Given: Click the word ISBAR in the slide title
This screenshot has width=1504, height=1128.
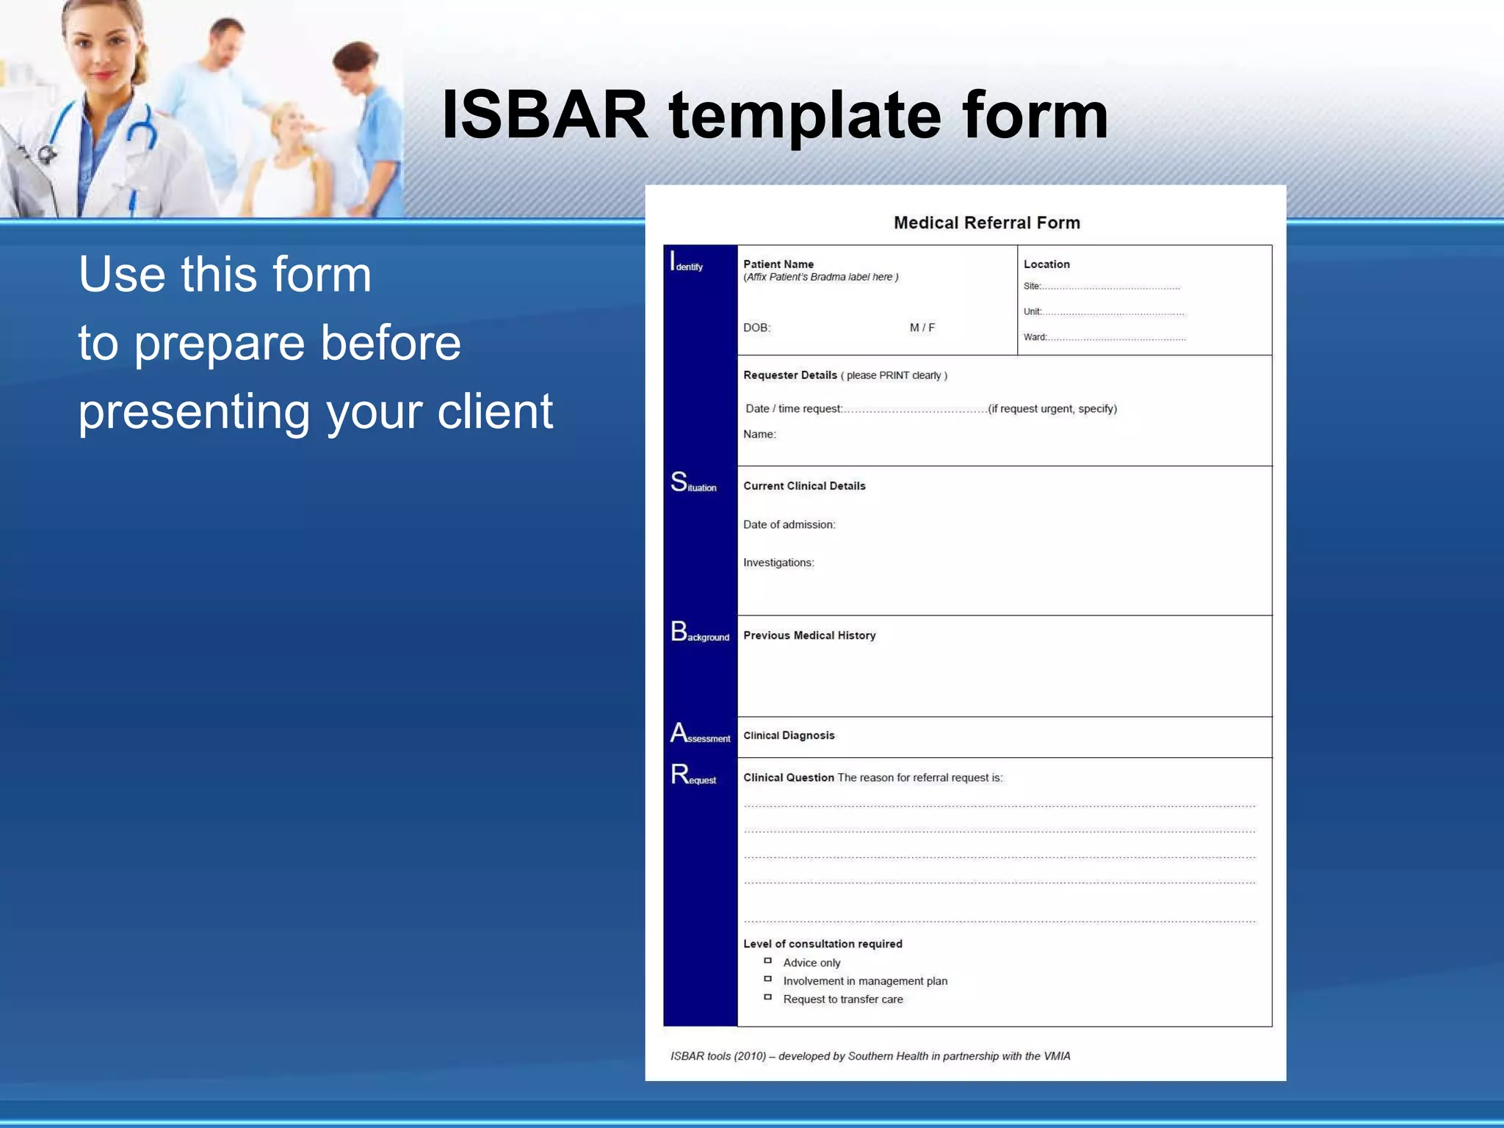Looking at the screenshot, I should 545,115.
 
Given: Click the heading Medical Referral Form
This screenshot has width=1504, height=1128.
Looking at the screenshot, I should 986,223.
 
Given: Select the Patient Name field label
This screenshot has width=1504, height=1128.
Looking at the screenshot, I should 778,264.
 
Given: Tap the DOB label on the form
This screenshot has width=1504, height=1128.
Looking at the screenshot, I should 756,328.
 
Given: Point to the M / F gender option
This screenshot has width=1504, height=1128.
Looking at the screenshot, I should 922,328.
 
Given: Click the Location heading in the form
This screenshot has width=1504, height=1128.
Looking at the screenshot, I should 1046,264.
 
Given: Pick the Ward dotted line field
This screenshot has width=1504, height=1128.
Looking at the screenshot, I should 1116,338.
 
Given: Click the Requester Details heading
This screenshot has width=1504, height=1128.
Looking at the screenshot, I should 789,375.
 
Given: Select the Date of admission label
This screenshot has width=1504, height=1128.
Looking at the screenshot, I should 789,524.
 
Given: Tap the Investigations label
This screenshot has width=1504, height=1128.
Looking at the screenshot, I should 778,563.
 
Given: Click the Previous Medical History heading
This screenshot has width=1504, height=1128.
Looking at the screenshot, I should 809,635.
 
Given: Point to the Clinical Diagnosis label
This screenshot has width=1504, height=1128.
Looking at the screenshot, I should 789,735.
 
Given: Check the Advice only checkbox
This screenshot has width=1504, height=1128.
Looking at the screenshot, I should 768,961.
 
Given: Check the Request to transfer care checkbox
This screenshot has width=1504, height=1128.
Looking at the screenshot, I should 768,997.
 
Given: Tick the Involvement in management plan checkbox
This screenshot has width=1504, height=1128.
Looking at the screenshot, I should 768,979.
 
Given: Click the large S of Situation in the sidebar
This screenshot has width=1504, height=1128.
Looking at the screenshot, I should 679,482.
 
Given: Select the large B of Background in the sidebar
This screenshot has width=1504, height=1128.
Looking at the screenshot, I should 679,632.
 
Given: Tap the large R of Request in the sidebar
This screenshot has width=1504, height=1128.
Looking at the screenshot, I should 679,774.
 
